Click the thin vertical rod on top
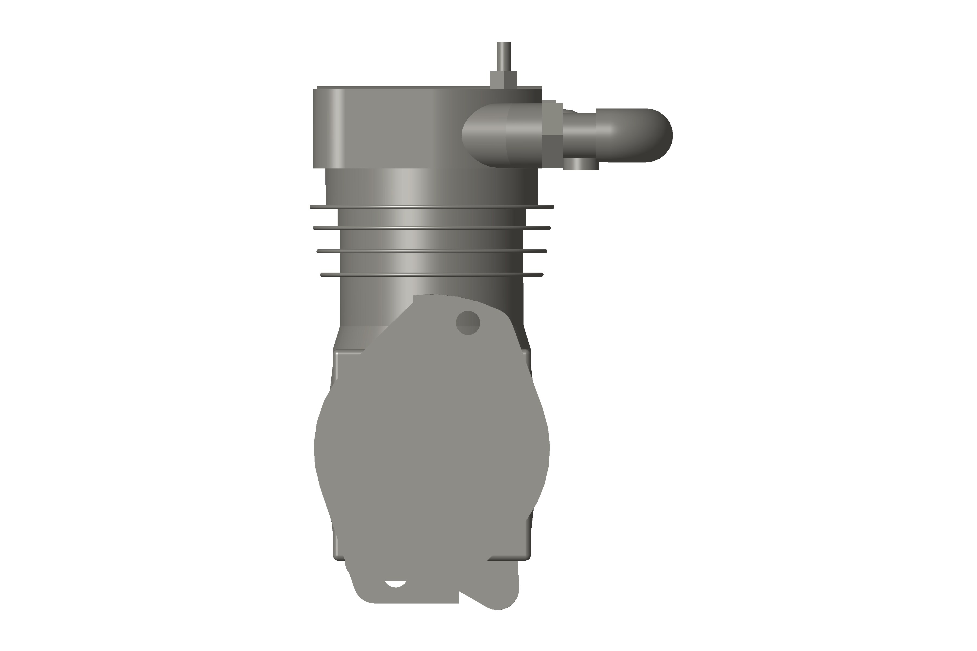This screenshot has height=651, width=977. tap(503, 56)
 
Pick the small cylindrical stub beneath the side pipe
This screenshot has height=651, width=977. tap(581, 164)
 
